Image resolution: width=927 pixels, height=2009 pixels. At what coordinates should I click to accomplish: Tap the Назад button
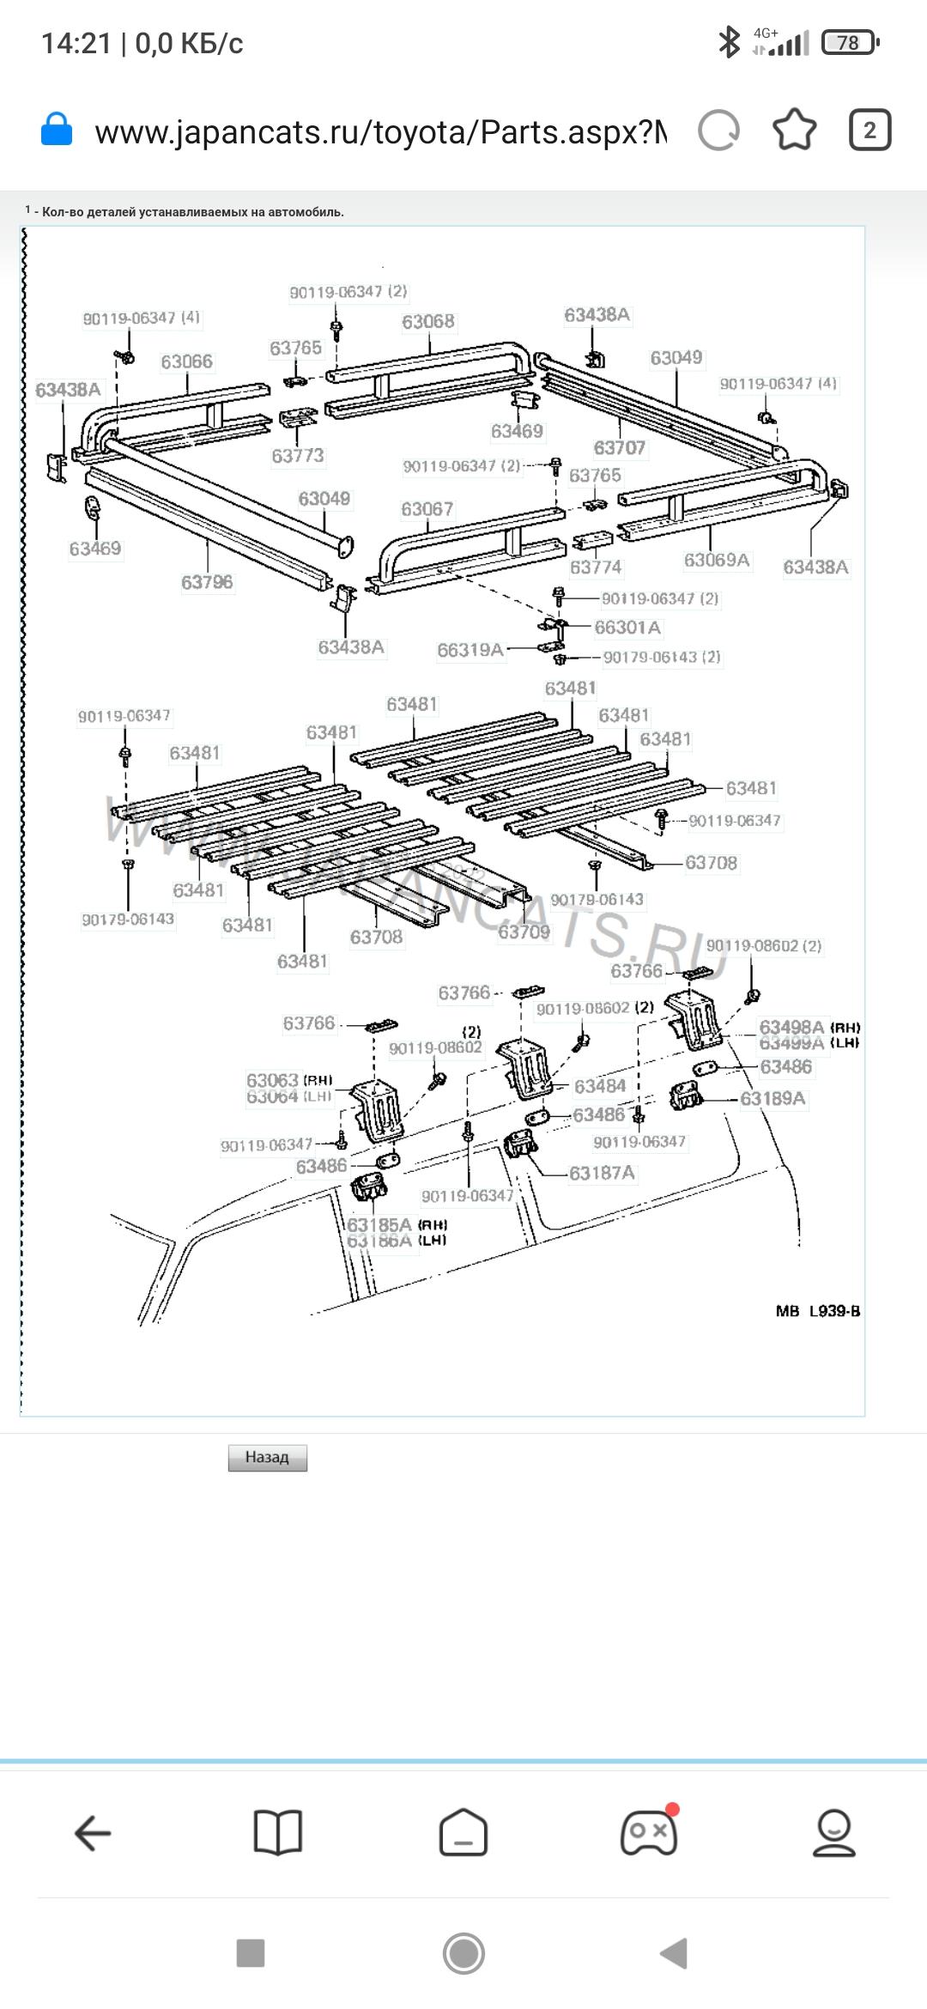pyautogui.click(x=267, y=1457)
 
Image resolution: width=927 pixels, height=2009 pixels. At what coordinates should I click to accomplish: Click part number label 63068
pyautogui.click(x=428, y=321)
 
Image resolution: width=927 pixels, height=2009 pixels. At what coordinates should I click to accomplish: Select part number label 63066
pyautogui.click(x=186, y=361)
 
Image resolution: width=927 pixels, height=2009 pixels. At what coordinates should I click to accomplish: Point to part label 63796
pyautogui.click(x=207, y=582)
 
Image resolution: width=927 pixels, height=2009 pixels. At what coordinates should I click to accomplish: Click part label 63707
pyautogui.click(x=619, y=447)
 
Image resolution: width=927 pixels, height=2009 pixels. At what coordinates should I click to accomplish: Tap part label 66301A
pyautogui.click(x=627, y=628)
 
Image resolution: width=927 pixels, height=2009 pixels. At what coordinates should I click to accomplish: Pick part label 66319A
pyautogui.click(x=470, y=650)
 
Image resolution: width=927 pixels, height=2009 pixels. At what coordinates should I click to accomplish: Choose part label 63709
pyautogui.click(x=524, y=932)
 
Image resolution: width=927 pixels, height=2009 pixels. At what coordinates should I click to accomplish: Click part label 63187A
pyautogui.click(x=602, y=1173)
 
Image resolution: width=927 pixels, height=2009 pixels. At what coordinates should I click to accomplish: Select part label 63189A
pyautogui.click(x=772, y=1098)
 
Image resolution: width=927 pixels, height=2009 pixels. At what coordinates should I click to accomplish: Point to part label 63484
pyautogui.click(x=599, y=1086)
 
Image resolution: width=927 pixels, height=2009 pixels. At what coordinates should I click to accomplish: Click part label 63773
pyautogui.click(x=298, y=455)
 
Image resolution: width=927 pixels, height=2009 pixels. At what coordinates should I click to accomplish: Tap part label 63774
pyautogui.click(x=596, y=567)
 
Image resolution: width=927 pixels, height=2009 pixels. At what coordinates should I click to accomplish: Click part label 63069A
pyautogui.click(x=717, y=560)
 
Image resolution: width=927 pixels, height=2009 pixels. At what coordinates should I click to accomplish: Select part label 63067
pyautogui.click(x=427, y=509)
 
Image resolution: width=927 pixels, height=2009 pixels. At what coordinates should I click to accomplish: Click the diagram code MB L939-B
pyautogui.click(x=817, y=1311)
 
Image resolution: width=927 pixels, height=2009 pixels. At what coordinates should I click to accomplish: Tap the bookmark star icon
pyautogui.click(x=794, y=130)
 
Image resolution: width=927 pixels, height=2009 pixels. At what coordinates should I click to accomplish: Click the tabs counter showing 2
pyautogui.click(x=869, y=130)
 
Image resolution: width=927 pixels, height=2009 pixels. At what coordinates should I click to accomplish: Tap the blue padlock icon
pyautogui.click(x=57, y=130)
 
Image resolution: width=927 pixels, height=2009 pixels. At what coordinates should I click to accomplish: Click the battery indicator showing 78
pyautogui.click(x=849, y=43)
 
